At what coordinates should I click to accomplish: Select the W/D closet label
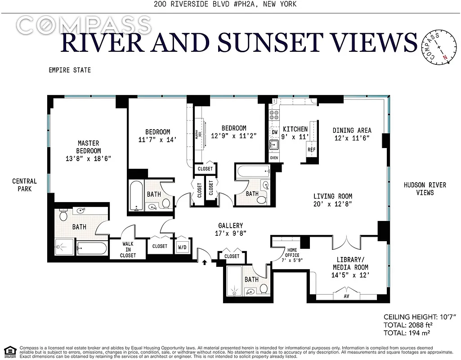(x=183, y=247)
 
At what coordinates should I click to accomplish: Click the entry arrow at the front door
(x=206, y=261)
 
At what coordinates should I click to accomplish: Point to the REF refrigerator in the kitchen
(x=311, y=150)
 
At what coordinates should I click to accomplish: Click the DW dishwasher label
(x=274, y=132)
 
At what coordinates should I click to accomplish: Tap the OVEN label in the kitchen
(x=274, y=158)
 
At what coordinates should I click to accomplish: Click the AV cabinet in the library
(x=346, y=296)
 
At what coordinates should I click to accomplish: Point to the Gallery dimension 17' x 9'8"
(x=231, y=233)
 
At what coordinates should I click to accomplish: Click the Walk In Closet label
(x=128, y=250)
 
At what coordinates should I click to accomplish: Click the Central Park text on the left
(x=24, y=185)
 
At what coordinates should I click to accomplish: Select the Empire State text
(x=70, y=70)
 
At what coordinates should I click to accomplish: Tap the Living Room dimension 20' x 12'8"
(x=333, y=204)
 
